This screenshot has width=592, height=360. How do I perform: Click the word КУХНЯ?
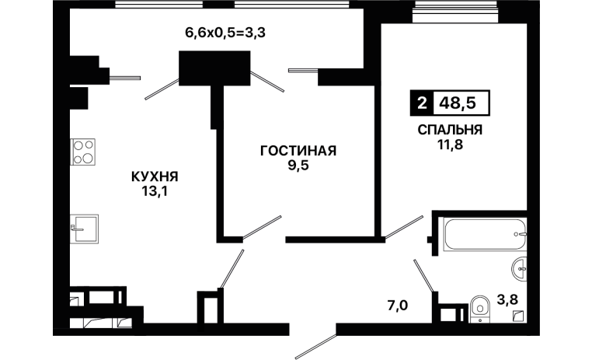click(155, 177)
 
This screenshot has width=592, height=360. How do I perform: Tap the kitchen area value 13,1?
click(155, 192)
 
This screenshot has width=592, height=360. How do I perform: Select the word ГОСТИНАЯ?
click(298, 151)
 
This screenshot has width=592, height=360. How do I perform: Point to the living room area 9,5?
click(298, 166)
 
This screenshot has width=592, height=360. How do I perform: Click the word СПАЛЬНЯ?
click(450, 130)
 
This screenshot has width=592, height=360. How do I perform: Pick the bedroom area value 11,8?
click(450, 145)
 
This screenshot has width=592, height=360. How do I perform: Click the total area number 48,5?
click(458, 103)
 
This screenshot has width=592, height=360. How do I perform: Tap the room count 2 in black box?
click(422, 103)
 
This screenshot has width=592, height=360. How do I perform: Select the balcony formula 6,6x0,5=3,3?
click(225, 33)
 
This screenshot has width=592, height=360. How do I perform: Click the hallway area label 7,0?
click(398, 305)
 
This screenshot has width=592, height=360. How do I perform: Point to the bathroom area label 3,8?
click(507, 299)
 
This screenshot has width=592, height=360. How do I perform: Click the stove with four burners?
click(83, 152)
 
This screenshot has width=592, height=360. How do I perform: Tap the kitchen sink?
click(84, 229)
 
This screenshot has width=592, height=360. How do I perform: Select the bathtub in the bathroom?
click(485, 234)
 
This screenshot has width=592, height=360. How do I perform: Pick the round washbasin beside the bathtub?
click(520, 269)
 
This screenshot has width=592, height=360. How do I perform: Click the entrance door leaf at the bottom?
click(315, 347)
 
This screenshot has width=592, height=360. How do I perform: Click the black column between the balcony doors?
click(214, 68)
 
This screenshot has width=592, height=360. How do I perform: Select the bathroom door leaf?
click(423, 276)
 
